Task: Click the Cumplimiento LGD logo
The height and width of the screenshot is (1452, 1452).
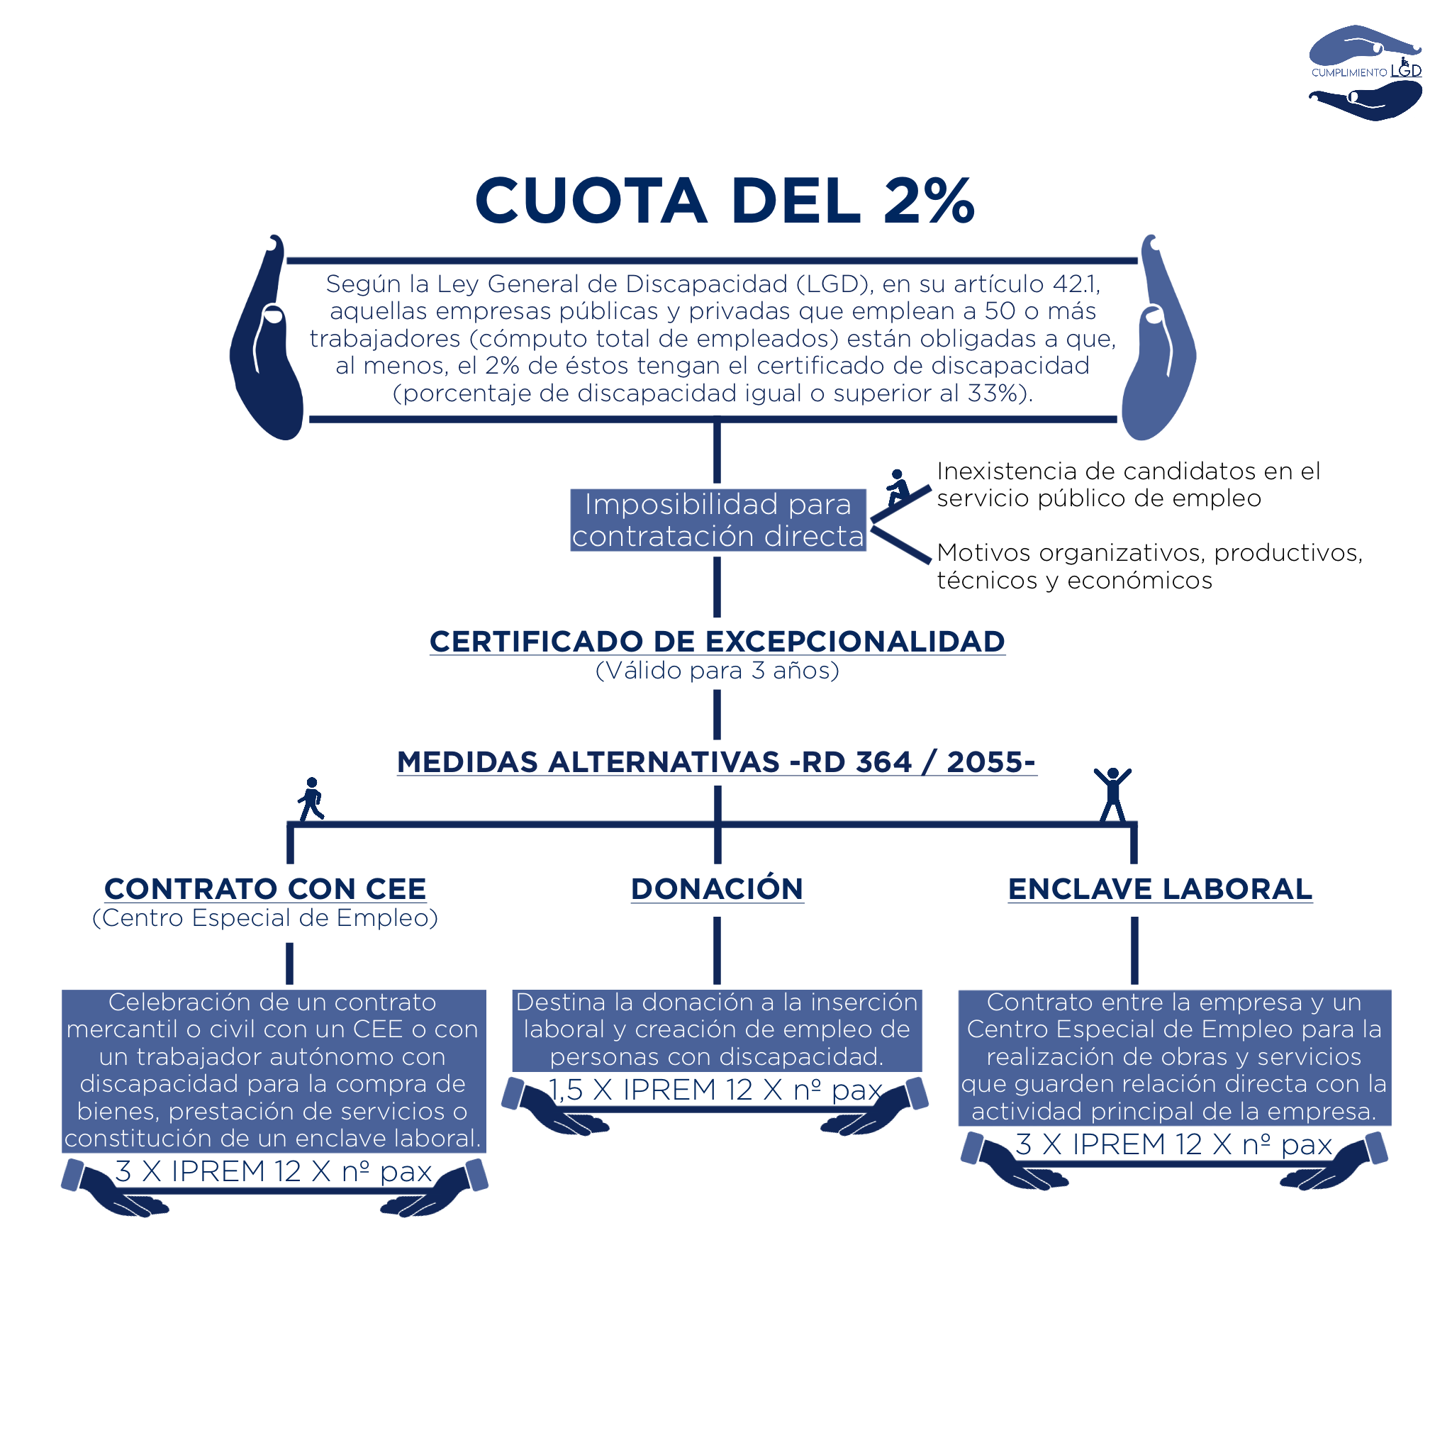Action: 1365,72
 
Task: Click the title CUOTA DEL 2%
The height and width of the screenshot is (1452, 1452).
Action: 725,201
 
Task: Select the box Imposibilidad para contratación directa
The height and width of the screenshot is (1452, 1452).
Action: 717,520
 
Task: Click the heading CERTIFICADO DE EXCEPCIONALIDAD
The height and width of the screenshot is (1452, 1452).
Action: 717,641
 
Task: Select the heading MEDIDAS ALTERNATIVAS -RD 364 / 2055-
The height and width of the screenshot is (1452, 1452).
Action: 716,761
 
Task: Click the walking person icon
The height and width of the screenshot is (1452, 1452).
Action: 311,798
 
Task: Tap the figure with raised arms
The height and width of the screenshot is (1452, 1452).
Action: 1112,793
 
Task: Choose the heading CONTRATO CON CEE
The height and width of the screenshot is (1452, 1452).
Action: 265,888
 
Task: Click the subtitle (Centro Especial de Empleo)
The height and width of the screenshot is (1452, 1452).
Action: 265,917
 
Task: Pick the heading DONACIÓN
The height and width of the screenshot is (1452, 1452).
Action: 717,888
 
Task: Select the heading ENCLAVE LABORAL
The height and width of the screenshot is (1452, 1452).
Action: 1160,888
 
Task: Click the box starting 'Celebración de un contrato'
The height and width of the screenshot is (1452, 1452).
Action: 274,1070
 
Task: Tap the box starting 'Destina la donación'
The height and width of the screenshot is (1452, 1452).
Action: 717,1029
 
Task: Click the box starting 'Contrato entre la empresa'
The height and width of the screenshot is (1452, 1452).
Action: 1174,1056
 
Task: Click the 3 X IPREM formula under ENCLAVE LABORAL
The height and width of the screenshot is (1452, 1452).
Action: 1174,1144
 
